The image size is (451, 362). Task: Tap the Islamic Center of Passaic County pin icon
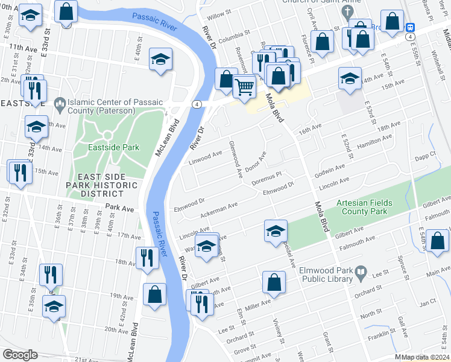[59, 105]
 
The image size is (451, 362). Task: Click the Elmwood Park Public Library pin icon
[361, 273]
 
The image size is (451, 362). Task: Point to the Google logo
[20, 355]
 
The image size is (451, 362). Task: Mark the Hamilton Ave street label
[374, 141]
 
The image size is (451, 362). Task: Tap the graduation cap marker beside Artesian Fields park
[275, 230]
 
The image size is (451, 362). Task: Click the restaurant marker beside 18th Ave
[147, 258]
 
